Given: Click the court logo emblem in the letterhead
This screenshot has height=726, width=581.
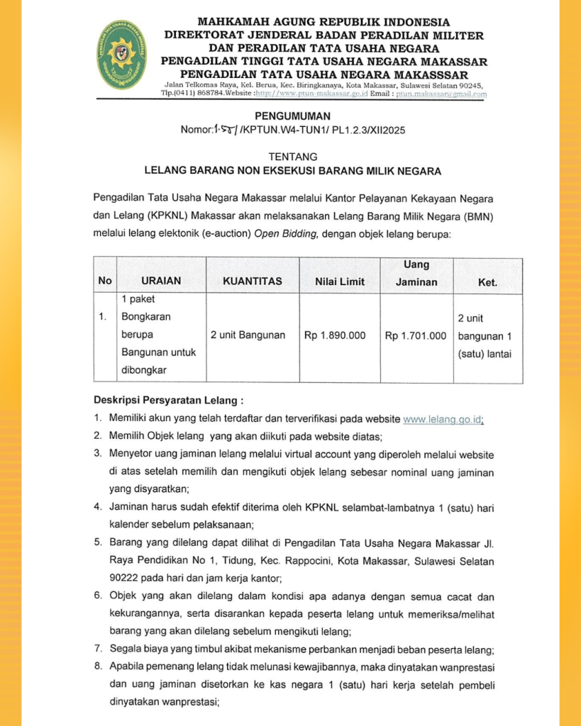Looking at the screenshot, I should [x=122, y=55].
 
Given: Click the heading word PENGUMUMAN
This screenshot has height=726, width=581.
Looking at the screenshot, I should [x=290, y=116].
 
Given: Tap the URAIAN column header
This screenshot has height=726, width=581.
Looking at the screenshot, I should [x=161, y=281].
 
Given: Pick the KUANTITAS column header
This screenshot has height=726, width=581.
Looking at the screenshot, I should [x=253, y=281].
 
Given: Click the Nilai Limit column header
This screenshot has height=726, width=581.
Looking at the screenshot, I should [x=340, y=281].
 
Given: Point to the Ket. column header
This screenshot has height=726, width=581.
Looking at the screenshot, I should [x=487, y=282].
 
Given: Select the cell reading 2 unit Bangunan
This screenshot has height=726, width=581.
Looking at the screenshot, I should [x=248, y=335].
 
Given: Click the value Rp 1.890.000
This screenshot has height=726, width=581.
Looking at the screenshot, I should [x=336, y=335].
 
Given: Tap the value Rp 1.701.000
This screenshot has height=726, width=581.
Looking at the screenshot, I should [x=416, y=335].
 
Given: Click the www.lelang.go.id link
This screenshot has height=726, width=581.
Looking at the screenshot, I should [x=442, y=420].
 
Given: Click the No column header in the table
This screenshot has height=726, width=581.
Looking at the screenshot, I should [x=105, y=281].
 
